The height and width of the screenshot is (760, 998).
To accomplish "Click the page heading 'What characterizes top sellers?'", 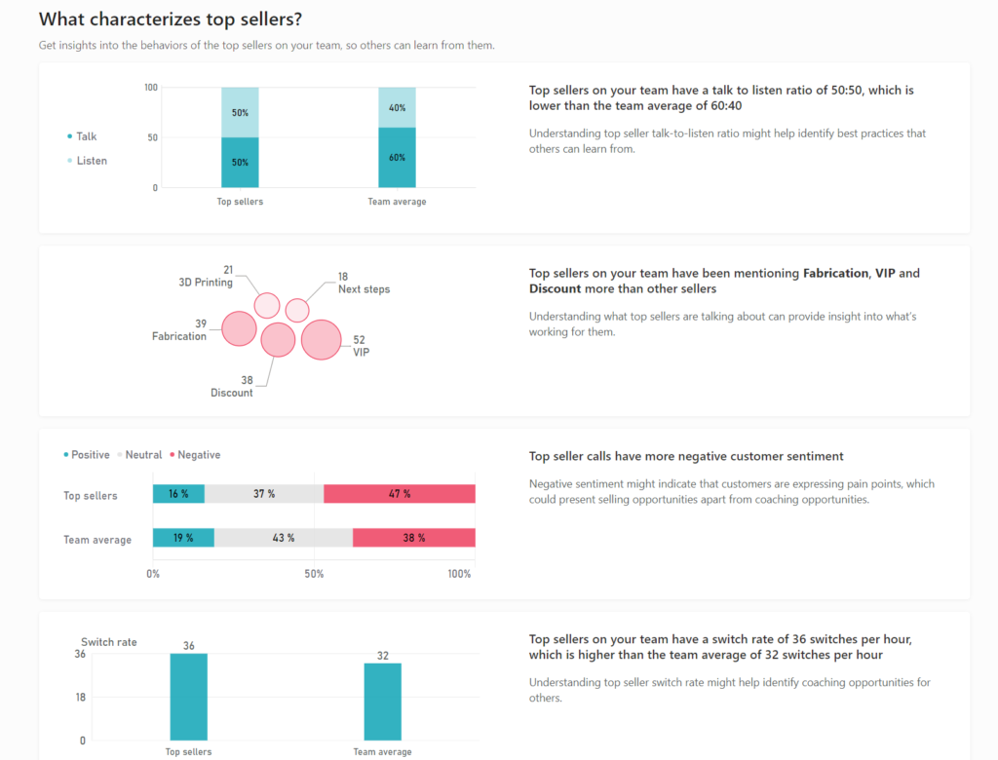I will [x=170, y=19].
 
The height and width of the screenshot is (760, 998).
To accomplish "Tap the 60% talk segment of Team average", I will [x=397, y=157].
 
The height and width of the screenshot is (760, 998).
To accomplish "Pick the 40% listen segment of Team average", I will [x=397, y=107].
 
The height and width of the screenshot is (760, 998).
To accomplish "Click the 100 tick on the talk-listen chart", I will [x=150, y=88].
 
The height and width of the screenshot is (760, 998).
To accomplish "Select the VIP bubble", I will [x=321, y=340].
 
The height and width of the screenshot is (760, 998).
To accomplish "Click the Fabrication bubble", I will [x=239, y=328].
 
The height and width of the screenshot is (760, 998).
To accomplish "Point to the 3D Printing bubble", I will [x=267, y=305].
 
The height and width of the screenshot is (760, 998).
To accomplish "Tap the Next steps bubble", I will [x=297, y=310].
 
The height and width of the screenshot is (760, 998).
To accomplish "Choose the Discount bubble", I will [x=278, y=340].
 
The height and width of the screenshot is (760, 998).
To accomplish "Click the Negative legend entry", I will [x=198, y=455].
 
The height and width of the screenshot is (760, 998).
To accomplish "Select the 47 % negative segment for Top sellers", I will [x=400, y=494].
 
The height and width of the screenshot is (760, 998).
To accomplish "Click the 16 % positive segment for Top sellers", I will [x=178, y=494].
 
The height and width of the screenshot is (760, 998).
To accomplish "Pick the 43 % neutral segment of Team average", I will [x=284, y=538].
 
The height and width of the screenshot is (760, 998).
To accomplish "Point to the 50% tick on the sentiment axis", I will [x=314, y=574].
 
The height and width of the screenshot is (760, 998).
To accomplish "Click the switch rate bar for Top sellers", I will [x=188, y=697].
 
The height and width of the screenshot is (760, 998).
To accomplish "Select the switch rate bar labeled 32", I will [x=382, y=702].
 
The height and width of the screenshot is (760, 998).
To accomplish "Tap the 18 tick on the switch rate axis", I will [x=80, y=697].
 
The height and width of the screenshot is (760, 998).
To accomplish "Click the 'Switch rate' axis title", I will [x=108, y=642].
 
